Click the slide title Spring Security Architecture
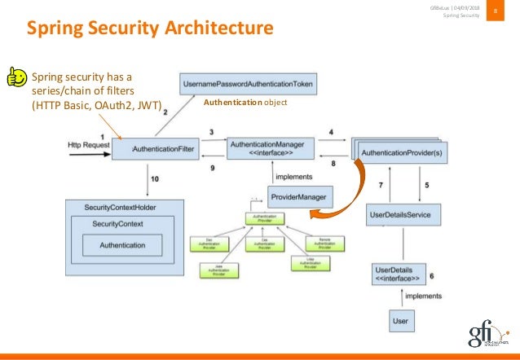pyautogui.click(x=150, y=29)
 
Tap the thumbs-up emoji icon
pyautogui.click(x=15, y=77)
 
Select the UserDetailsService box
pyautogui.click(x=404, y=216)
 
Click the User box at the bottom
pyautogui.click(x=399, y=321)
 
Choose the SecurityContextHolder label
pyautogui.click(x=120, y=208)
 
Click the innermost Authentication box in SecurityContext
pyautogui.click(x=122, y=245)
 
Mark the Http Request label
pyautogui.click(x=90, y=145)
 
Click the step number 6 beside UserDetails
pyautogui.click(x=431, y=275)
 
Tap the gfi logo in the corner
pyautogui.click(x=487, y=334)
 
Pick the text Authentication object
pyautogui.click(x=246, y=104)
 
